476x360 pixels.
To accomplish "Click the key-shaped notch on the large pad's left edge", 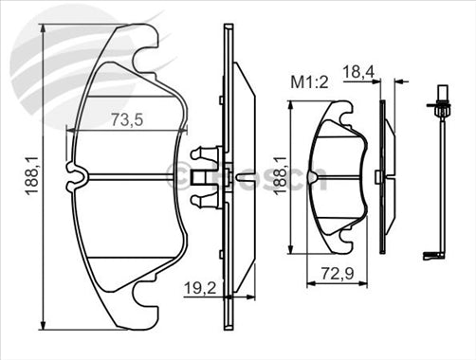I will point(79,173).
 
